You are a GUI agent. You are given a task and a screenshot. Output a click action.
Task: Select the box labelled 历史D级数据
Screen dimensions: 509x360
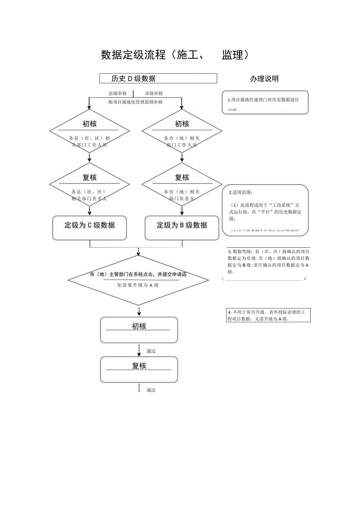pos(158,78)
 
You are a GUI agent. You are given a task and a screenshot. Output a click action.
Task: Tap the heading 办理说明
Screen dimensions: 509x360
pos(265,79)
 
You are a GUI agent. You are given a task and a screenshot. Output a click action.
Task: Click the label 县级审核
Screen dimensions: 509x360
pos(117,94)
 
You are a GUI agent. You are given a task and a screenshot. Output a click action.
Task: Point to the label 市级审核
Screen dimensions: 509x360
pos(154,94)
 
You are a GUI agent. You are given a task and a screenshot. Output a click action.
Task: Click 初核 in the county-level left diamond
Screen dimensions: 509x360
pos(90,124)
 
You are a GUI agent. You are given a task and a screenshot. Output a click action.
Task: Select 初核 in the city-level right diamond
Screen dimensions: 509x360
pos(182,124)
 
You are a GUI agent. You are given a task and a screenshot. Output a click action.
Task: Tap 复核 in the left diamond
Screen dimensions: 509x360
pos(90,178)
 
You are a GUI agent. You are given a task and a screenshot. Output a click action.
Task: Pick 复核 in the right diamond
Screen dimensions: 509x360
pos(182,178)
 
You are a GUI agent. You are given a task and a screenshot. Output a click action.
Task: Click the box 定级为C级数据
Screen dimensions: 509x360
pos(90,225)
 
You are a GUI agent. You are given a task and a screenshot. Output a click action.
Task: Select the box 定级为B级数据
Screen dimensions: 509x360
pos(182,225)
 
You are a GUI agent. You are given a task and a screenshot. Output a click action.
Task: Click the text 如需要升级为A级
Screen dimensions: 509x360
pos(138,285)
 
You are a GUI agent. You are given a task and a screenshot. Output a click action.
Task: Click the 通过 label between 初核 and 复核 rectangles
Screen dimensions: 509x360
pos(151,351)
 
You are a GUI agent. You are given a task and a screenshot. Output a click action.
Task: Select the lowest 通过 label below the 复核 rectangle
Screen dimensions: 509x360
pos(151,390)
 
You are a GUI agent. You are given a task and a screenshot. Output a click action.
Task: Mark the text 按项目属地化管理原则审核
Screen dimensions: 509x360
pos(135,102)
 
